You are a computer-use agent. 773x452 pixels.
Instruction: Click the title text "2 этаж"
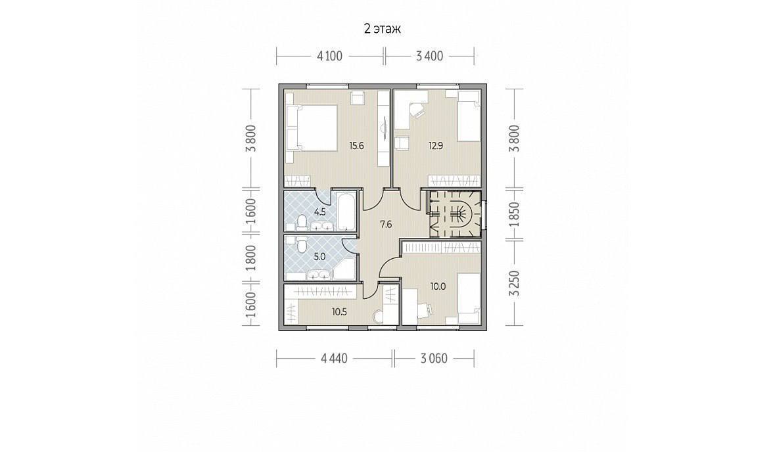382,29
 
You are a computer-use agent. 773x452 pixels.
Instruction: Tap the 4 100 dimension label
329,56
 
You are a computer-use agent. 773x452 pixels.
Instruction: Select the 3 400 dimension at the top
429,56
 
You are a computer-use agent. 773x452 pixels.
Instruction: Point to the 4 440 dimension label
334,358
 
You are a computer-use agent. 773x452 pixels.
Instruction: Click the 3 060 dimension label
434,358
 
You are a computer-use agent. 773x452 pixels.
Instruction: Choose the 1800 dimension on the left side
251,258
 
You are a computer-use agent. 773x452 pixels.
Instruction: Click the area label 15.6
356,145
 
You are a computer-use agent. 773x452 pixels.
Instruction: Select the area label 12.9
435,145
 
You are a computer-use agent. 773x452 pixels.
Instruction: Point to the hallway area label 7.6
385,224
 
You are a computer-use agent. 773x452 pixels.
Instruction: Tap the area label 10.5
340,311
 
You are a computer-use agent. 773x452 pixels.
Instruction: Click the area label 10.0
438,286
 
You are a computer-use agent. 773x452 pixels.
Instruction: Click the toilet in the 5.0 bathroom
301,244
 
